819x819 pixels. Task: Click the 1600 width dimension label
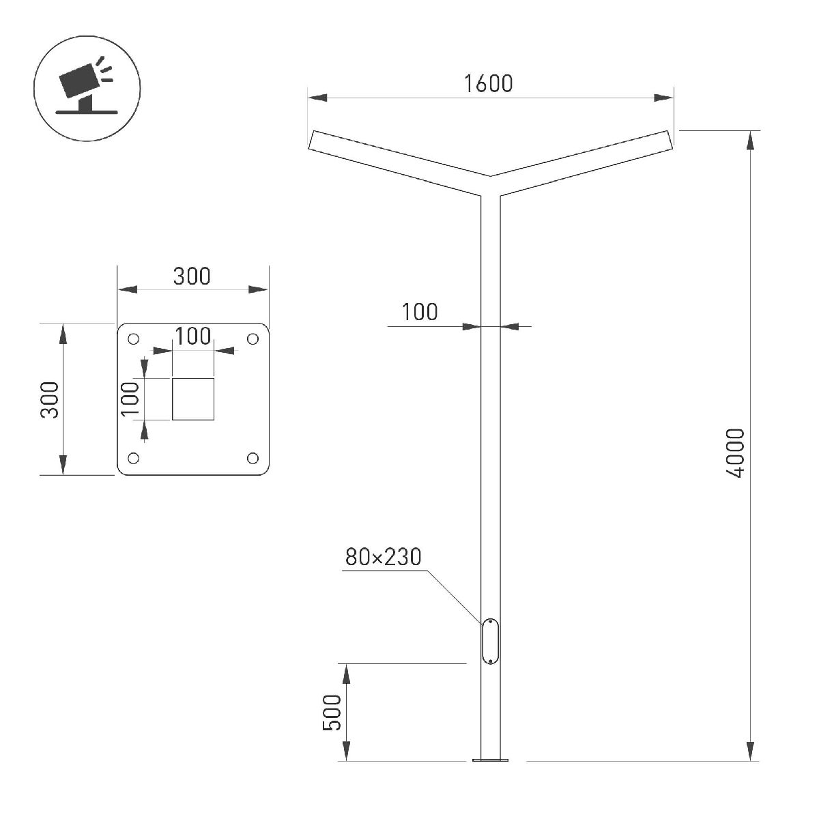[x=488, y=83]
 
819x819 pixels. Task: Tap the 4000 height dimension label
[x=735, y=453]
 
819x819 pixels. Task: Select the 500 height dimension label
[x=332, y=713]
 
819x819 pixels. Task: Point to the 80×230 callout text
[x=383, y=558]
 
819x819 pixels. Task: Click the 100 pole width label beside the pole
[x=419, y=312]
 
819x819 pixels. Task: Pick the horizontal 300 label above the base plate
[x=192, y=276]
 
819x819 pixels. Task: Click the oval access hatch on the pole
[x=490, y=641]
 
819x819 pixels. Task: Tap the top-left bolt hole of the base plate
[x=134, y=339]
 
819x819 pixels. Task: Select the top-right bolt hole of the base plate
[x=253, y=339]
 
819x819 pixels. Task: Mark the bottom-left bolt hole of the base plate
[x=134, y=458]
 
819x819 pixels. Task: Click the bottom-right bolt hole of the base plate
[x=253, y=458]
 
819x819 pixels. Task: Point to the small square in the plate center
[x=193, y=399]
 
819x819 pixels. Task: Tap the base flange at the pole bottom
[x=491, y=760]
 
